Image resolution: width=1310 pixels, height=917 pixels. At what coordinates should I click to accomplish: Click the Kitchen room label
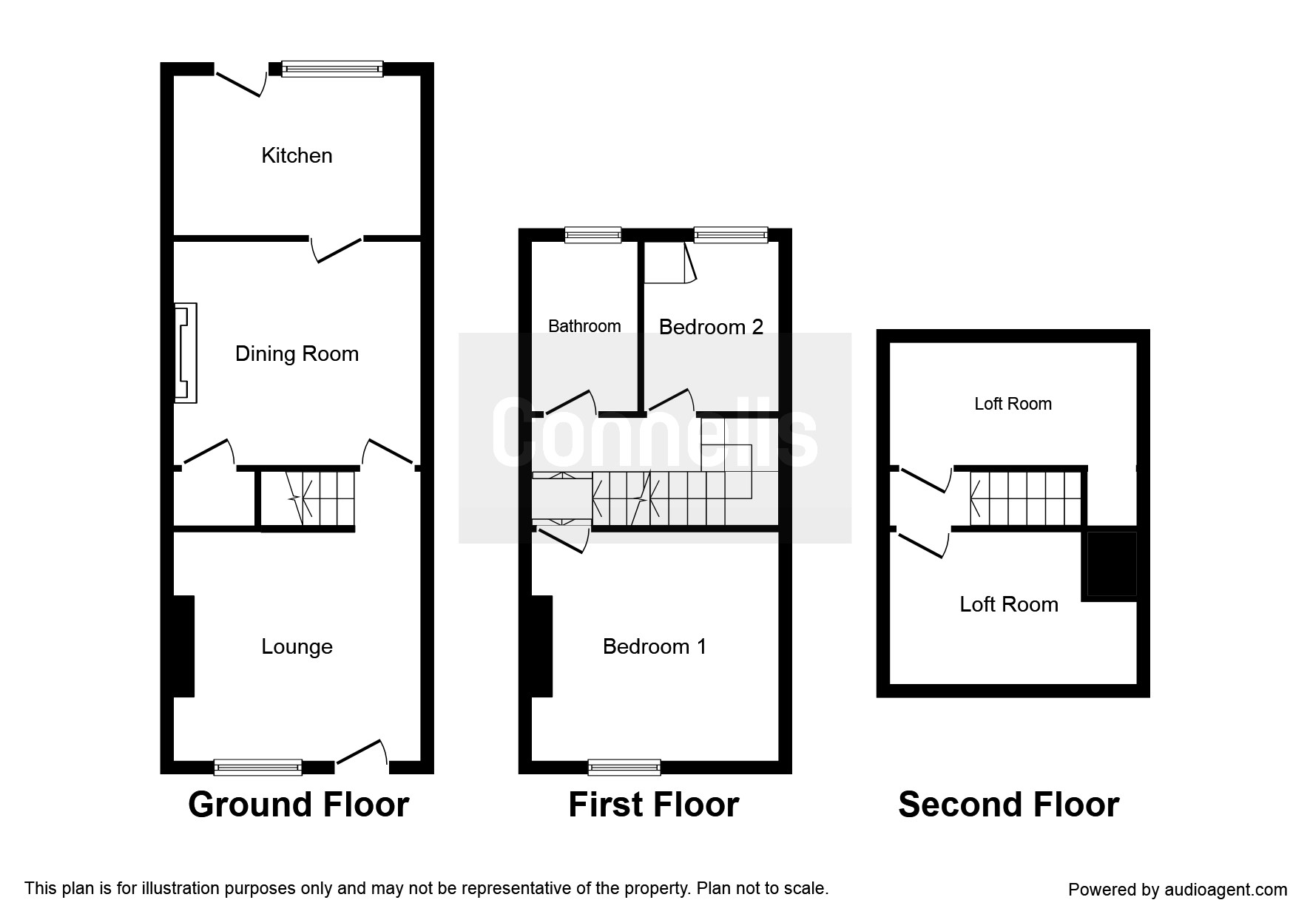(297, 155)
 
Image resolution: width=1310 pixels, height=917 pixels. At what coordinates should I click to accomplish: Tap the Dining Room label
(297, 353)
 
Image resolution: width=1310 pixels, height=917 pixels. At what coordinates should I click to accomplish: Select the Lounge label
(297, 646)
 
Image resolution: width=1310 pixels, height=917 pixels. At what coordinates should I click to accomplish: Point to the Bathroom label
(584, 326)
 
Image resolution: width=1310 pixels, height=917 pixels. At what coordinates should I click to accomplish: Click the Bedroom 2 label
(711, 327)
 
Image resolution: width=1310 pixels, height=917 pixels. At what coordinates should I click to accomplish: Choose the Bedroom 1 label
(654, 646)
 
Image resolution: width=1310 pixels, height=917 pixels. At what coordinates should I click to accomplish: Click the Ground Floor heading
(298, 805)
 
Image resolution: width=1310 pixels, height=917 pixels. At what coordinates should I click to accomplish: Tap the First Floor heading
(653, 805)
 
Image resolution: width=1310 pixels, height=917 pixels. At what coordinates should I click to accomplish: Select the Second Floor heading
(1008, 805)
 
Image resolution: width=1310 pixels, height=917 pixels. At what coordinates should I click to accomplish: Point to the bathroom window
(592, 235)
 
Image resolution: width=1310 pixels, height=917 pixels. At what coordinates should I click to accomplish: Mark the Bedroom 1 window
(624, 767)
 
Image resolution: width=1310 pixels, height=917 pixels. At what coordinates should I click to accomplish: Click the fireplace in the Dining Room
(185, 353)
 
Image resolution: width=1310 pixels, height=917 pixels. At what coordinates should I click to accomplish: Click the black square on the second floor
(1110, 564)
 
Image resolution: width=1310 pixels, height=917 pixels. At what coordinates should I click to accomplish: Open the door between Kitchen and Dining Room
(337, 248)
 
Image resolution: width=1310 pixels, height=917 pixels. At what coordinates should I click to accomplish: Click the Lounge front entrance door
(362, 754)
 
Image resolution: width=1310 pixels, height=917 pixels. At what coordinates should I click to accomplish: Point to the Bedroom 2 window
(730, 235)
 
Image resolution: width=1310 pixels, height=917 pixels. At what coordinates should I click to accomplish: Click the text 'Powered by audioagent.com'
(1178, 890)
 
